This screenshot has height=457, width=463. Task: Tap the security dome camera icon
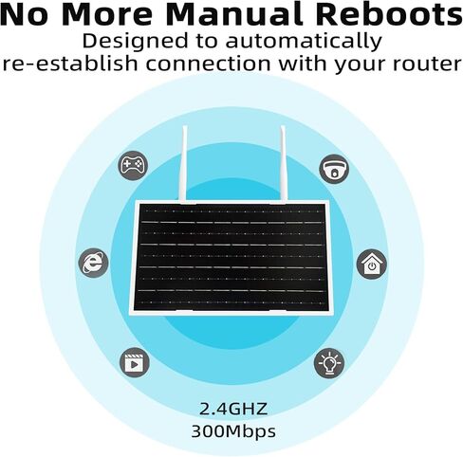tap(334, 169)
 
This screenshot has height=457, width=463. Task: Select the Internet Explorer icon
tap(93, 264)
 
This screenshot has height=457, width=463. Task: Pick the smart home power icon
tap(372, 265)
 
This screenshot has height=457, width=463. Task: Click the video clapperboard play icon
tap(135, 362)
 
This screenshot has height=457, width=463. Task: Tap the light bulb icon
tap(329, 363)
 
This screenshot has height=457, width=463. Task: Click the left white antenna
tap(183, 163)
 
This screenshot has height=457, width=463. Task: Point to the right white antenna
tap(283, 163)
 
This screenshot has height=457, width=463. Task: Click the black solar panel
tap(231, 256)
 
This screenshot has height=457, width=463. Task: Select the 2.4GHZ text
tap(233, 410)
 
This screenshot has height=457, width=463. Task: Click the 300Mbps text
tap(233, 431)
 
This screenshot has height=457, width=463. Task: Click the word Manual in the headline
tap(234, 15)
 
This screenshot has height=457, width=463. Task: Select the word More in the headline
tap(107, 15)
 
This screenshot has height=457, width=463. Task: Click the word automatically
tap(304, 42)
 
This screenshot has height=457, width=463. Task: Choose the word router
tap(427, 64)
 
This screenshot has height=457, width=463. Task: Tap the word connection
tap(208, 64)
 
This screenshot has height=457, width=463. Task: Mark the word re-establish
tap(70, 64)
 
